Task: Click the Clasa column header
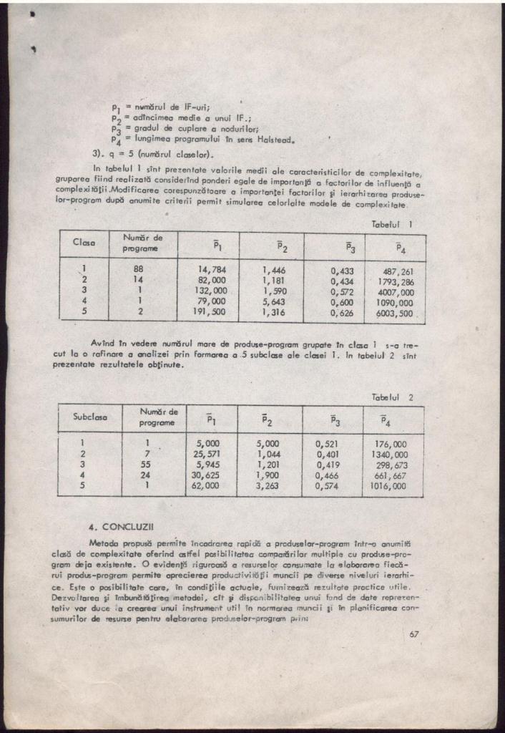[x=85, y=243]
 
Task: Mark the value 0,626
[x=342, y=313]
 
